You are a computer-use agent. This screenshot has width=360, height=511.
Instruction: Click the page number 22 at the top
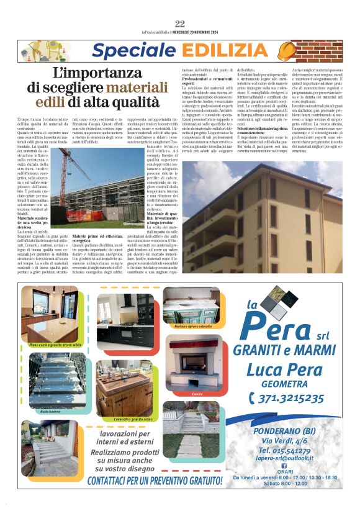(180, 24)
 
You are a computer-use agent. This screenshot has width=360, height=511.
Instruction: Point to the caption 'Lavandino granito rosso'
(124, 420)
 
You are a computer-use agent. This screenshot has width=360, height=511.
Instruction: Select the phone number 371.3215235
(283, 397)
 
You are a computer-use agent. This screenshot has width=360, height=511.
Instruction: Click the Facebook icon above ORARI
(284, 465)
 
